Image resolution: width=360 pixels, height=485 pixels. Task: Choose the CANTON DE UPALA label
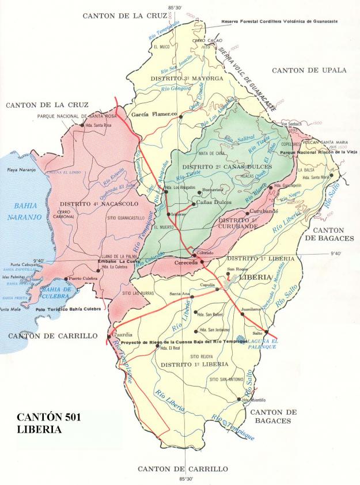click(x=309, y=70)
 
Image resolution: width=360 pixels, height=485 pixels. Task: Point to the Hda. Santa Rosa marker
click(x=82, y=125)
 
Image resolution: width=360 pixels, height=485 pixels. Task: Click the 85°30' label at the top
click(x=176, y=7)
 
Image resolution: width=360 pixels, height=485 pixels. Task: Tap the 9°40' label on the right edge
click(x=336, y=253)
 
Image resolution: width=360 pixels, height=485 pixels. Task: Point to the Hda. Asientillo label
click(x=254, y=400)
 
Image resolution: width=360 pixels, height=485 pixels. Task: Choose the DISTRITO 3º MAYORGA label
click(x=179, y=78)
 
